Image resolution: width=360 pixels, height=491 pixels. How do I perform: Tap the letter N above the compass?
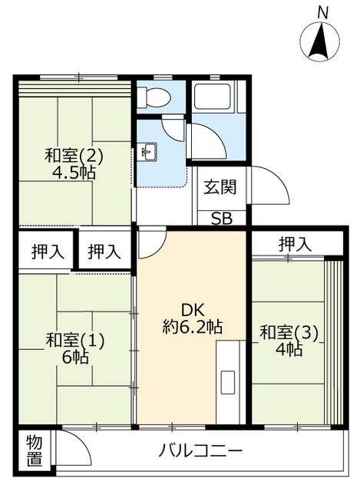(323, 12)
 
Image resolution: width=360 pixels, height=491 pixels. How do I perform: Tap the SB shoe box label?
(221, 218)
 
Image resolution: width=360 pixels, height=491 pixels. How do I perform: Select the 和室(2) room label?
(74, 156)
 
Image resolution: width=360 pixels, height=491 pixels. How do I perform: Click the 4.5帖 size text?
(74, 173)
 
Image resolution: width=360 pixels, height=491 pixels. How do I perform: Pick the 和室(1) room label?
(74, 340)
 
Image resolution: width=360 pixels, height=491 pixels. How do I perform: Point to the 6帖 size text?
(74, 357)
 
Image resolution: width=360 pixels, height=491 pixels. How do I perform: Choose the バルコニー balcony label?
(201, 450)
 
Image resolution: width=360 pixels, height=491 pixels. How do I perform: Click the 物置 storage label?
(34, 450)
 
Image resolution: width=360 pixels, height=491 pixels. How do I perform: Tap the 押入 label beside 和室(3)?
(296, 244)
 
